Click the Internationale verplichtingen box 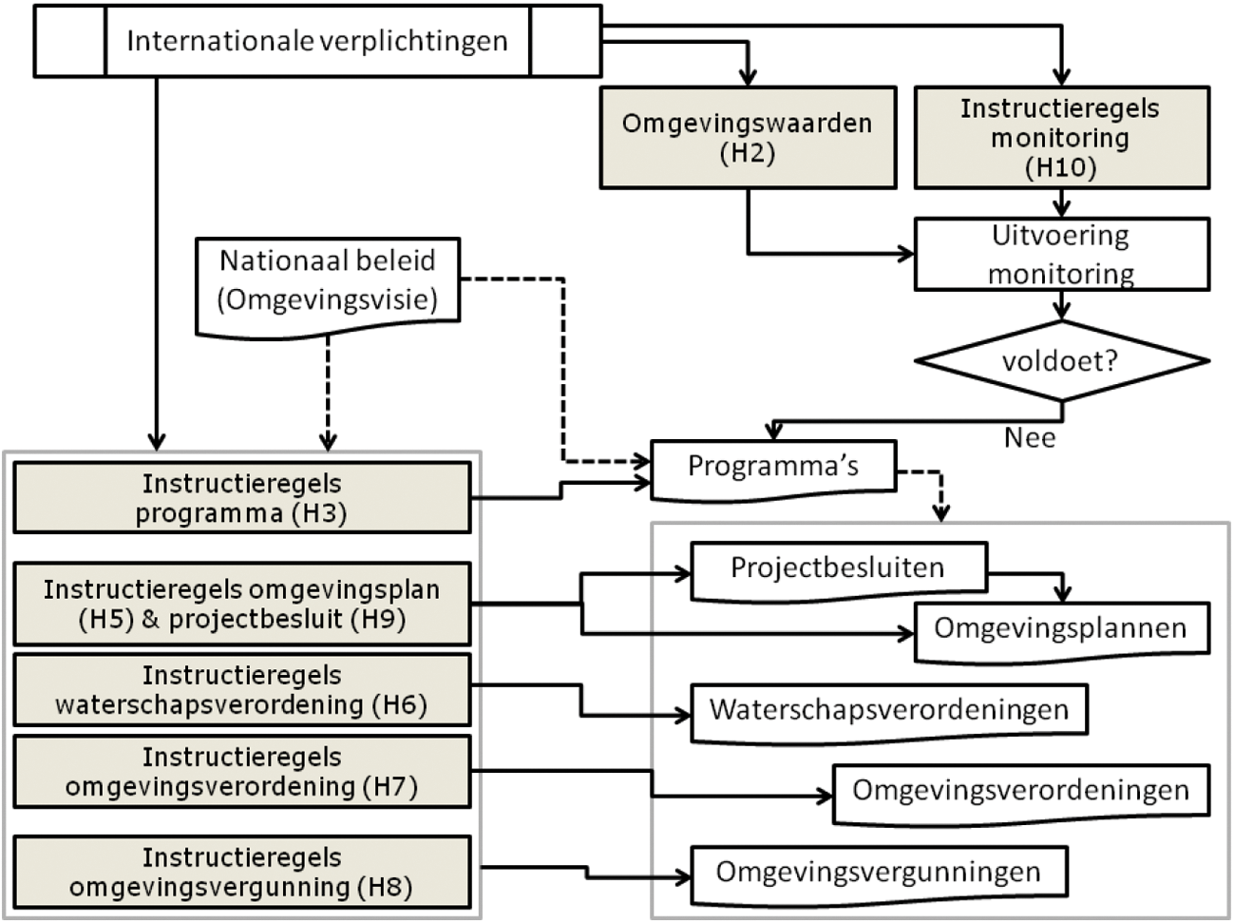tap(317, 41)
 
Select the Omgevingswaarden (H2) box tap(747, 138)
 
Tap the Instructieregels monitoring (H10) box tap(1060, 138)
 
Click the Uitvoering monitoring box tap(1060, 255)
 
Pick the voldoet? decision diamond tap(1060, 361)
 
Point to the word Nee tap(1030, 437)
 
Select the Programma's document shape tap(772, 467)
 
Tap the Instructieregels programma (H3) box tap(241, 498)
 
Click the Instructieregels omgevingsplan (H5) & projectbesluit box tap(241, 604)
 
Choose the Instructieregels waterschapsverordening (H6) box tap(241, 690)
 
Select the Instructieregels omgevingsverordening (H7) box tap(241, 772)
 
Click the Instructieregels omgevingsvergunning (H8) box tap(241, 872)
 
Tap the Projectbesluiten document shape tap(838, 569)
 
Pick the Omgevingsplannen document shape tap(1060, 628)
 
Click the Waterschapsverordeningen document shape tap(888, 710)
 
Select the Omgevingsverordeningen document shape tap(1020, 791)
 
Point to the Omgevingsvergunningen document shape tap(878, 872)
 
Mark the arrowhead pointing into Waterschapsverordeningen tap(683, 716)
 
